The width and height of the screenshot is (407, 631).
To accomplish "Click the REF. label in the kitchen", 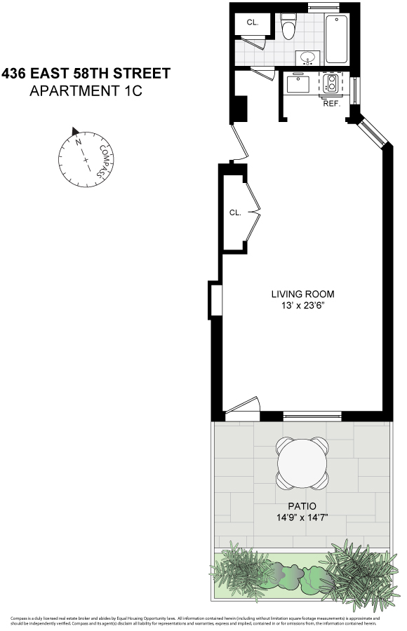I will click(331, 104).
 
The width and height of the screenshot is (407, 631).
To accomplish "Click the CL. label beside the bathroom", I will click(252, 22).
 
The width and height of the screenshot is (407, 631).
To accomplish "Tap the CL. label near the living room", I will click(234, 212).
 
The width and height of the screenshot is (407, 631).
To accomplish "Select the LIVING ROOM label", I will click(303, 294).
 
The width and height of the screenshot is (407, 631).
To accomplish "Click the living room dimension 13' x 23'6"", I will click(303, 306).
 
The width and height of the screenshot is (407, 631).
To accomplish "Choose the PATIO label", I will click(302, 506).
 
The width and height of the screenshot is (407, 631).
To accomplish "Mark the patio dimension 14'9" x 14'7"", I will click(302, 517).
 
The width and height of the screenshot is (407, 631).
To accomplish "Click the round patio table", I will click(302, 463).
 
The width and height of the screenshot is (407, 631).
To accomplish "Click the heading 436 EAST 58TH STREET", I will click(86, 73).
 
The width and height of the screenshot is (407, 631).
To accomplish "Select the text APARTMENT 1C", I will click(86, 90).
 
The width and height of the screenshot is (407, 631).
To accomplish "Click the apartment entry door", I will click(239, 143).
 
